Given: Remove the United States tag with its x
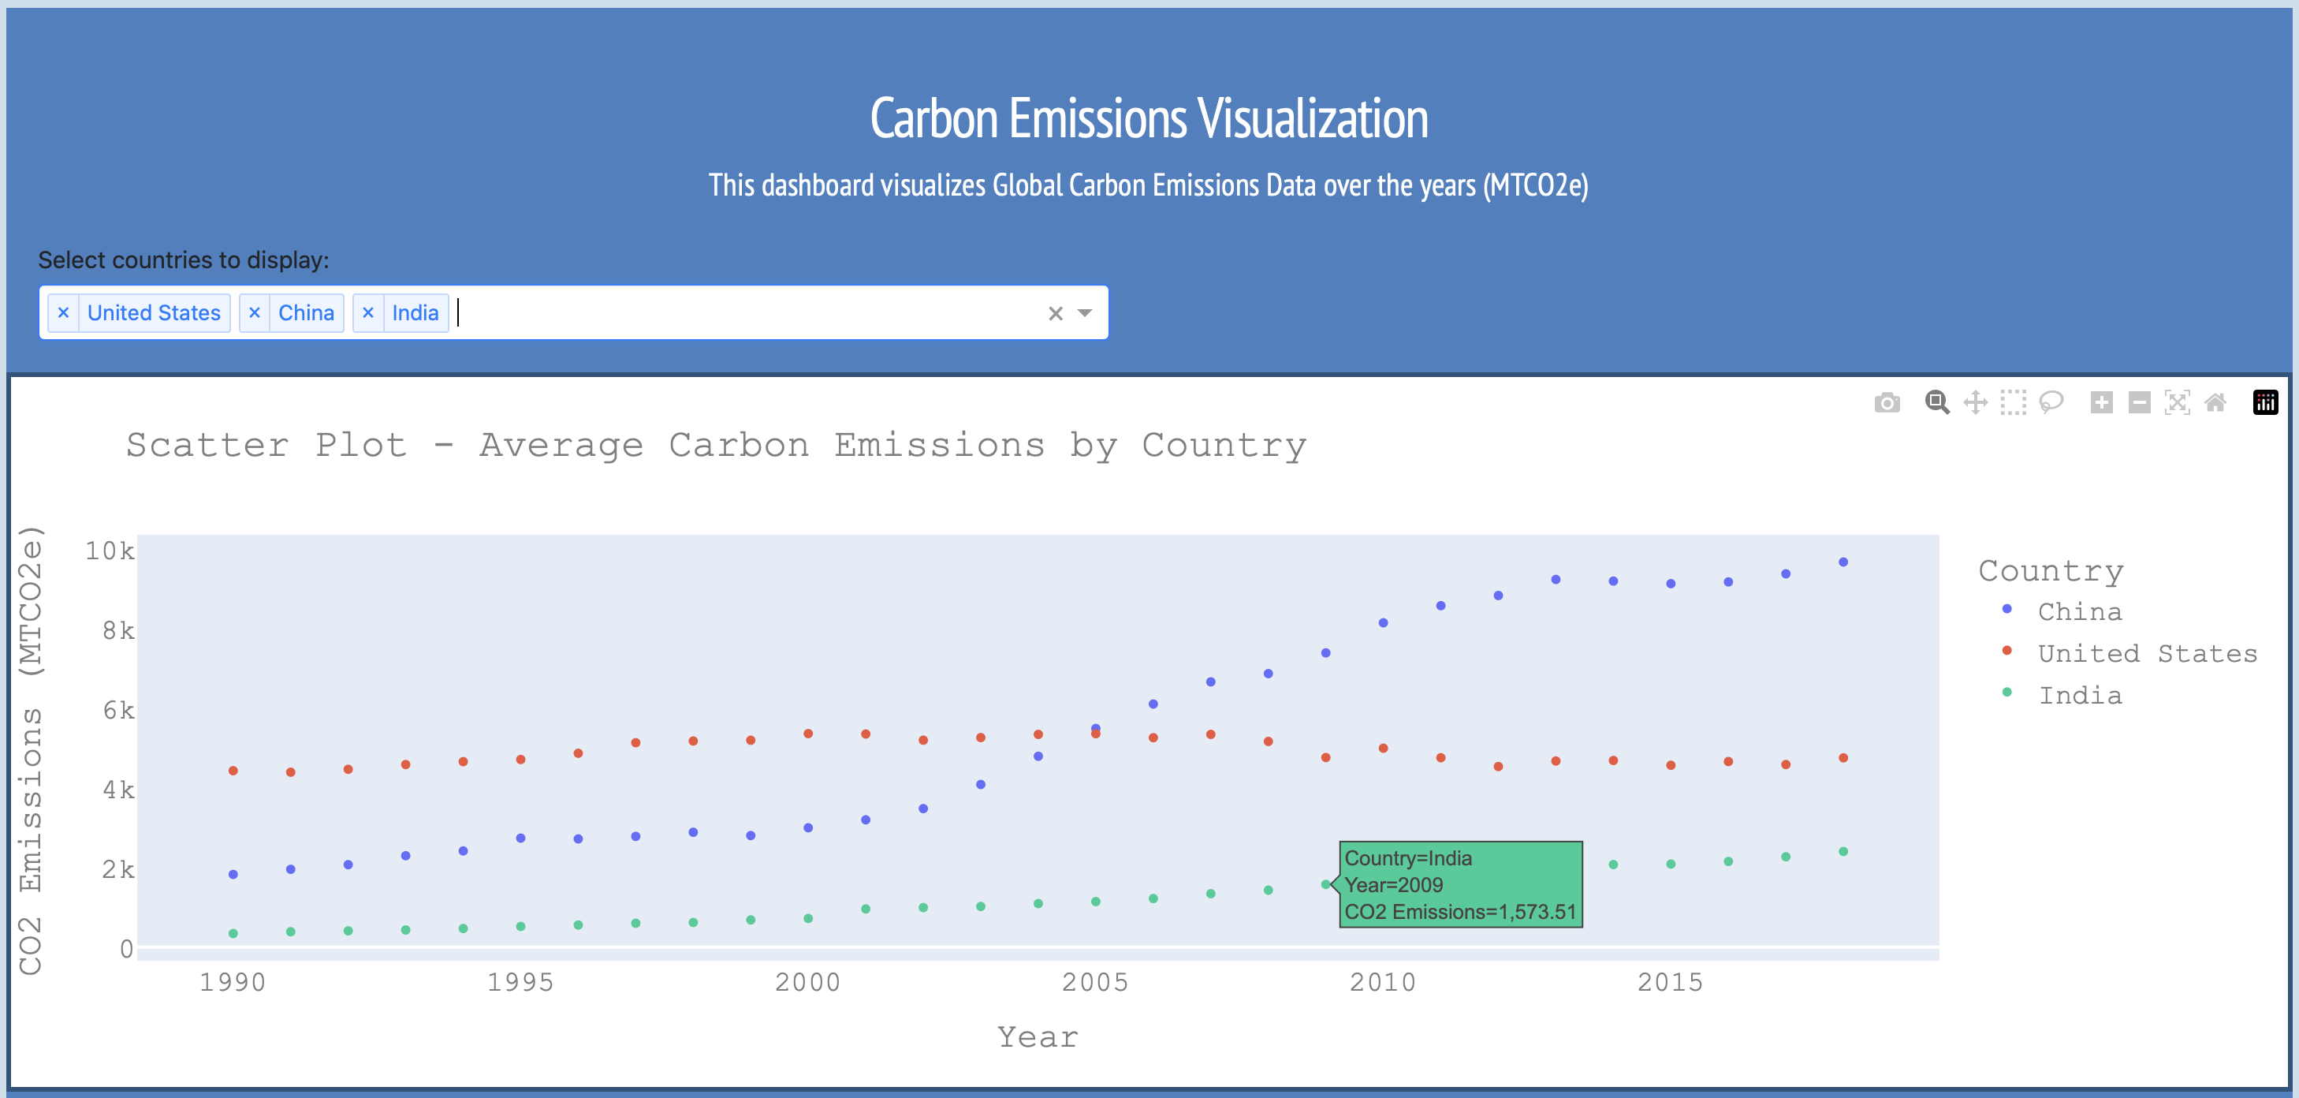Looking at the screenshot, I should click(x=63, y=313).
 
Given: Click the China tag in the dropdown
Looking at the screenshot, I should click(x=305, y=313).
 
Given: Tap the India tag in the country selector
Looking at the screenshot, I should click(x=415, y=313).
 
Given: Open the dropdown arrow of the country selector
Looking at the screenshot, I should click(x=1084, y=313).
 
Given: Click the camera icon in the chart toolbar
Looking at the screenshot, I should click(x=1887, y=402).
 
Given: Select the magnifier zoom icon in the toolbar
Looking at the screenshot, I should click(x=1936, y=402).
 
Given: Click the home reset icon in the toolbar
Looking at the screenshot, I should click(x=2215, y=402).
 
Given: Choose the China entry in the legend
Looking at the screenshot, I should click(x=2080, y=612).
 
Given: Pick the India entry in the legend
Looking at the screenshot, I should click(x=2080, y=697).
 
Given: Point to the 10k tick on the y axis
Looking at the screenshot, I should click(x=110, y=551).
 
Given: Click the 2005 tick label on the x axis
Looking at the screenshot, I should click(x=1095, y=983).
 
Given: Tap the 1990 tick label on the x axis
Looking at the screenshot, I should click(x=233, y=983).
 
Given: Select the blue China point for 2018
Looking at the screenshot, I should click(x=1843, y=562).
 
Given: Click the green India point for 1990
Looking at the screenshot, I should click(x=233, y=934).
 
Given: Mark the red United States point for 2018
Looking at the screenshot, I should click(x=1843, y=758).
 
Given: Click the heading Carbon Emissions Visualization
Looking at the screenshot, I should click(x=1149, y=119).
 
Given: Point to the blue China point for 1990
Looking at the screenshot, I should click(x=233, y=875).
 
